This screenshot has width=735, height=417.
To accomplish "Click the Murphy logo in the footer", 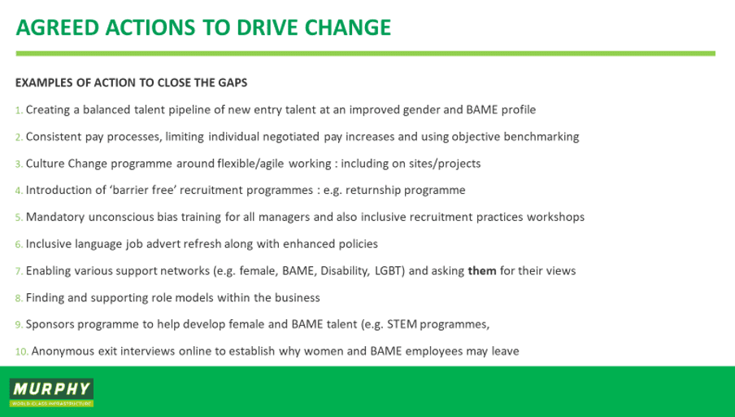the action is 51,393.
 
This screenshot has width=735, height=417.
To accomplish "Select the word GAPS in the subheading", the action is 233,82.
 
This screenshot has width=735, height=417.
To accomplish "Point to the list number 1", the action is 19,110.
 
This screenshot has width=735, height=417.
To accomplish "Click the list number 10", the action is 22,352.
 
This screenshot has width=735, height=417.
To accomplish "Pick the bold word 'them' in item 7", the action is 482,271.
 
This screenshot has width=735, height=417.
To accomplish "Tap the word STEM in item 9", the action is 402,324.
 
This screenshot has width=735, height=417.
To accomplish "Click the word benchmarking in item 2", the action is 541,137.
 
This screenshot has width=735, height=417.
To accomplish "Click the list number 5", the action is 19,218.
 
